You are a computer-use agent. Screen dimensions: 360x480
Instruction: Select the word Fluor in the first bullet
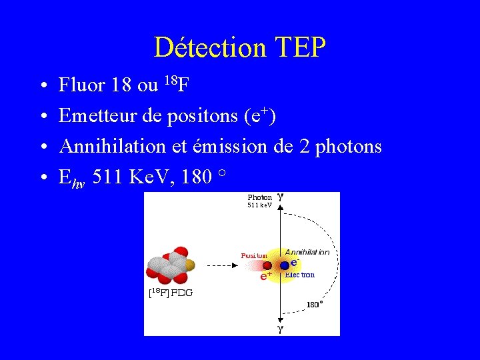tap(82, 85)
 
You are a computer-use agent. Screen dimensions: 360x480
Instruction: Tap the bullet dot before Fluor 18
tap(42, 85)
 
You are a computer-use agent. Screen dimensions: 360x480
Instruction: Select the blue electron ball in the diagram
tap(285, 265)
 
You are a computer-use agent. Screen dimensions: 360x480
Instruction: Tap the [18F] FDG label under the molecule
tap(170, 291)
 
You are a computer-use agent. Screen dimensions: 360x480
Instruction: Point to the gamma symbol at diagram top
tap(281, 197)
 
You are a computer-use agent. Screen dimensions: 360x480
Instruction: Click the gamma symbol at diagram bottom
tap(281, 329)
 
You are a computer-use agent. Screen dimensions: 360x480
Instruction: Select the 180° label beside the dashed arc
tap(315, 304)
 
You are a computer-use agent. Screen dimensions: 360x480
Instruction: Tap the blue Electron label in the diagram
tap(299, 274)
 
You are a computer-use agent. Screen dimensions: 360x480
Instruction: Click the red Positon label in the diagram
tap(254, 255)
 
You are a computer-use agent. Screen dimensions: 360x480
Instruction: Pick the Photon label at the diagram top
tap(259, 197)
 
